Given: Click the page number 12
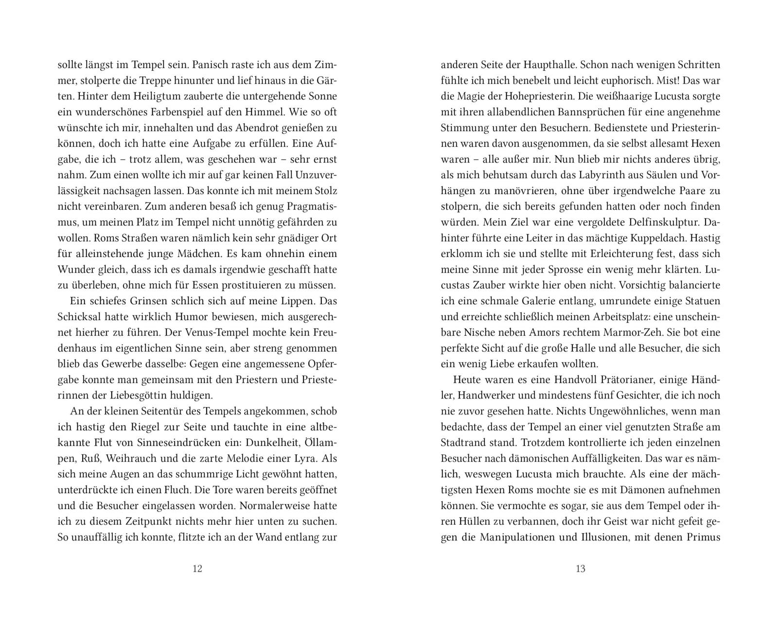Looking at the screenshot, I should (197, 568).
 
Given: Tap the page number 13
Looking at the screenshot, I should (580, 568).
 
